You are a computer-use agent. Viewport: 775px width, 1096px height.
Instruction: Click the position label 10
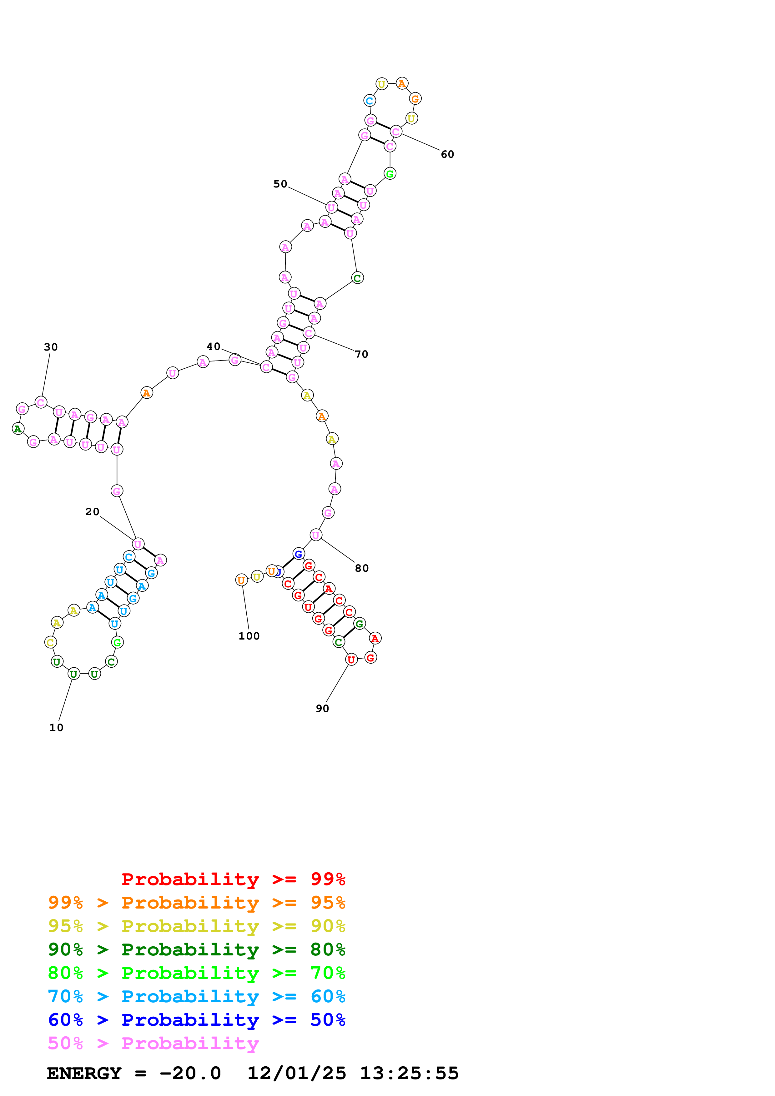(56, 727)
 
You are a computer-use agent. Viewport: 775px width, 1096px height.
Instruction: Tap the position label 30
(51, 347)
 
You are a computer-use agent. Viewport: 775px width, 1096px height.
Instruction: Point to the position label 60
(447, 154)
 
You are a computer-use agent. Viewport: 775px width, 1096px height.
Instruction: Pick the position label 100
(249, 636)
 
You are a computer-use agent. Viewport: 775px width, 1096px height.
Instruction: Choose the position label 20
(92, 512)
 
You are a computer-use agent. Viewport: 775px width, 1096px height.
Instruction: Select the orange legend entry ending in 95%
(196, 903)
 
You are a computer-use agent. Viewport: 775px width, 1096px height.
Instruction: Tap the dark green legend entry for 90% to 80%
(196, 949)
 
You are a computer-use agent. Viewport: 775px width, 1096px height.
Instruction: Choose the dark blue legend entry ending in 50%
(196, 1020)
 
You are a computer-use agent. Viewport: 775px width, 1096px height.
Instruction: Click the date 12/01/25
(297, 1073)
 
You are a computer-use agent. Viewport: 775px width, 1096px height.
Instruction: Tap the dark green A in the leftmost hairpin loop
(18, 429)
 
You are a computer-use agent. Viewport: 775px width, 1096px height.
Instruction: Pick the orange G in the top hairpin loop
(415, 99)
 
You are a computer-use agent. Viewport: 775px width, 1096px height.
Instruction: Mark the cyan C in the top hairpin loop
(369, 101)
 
